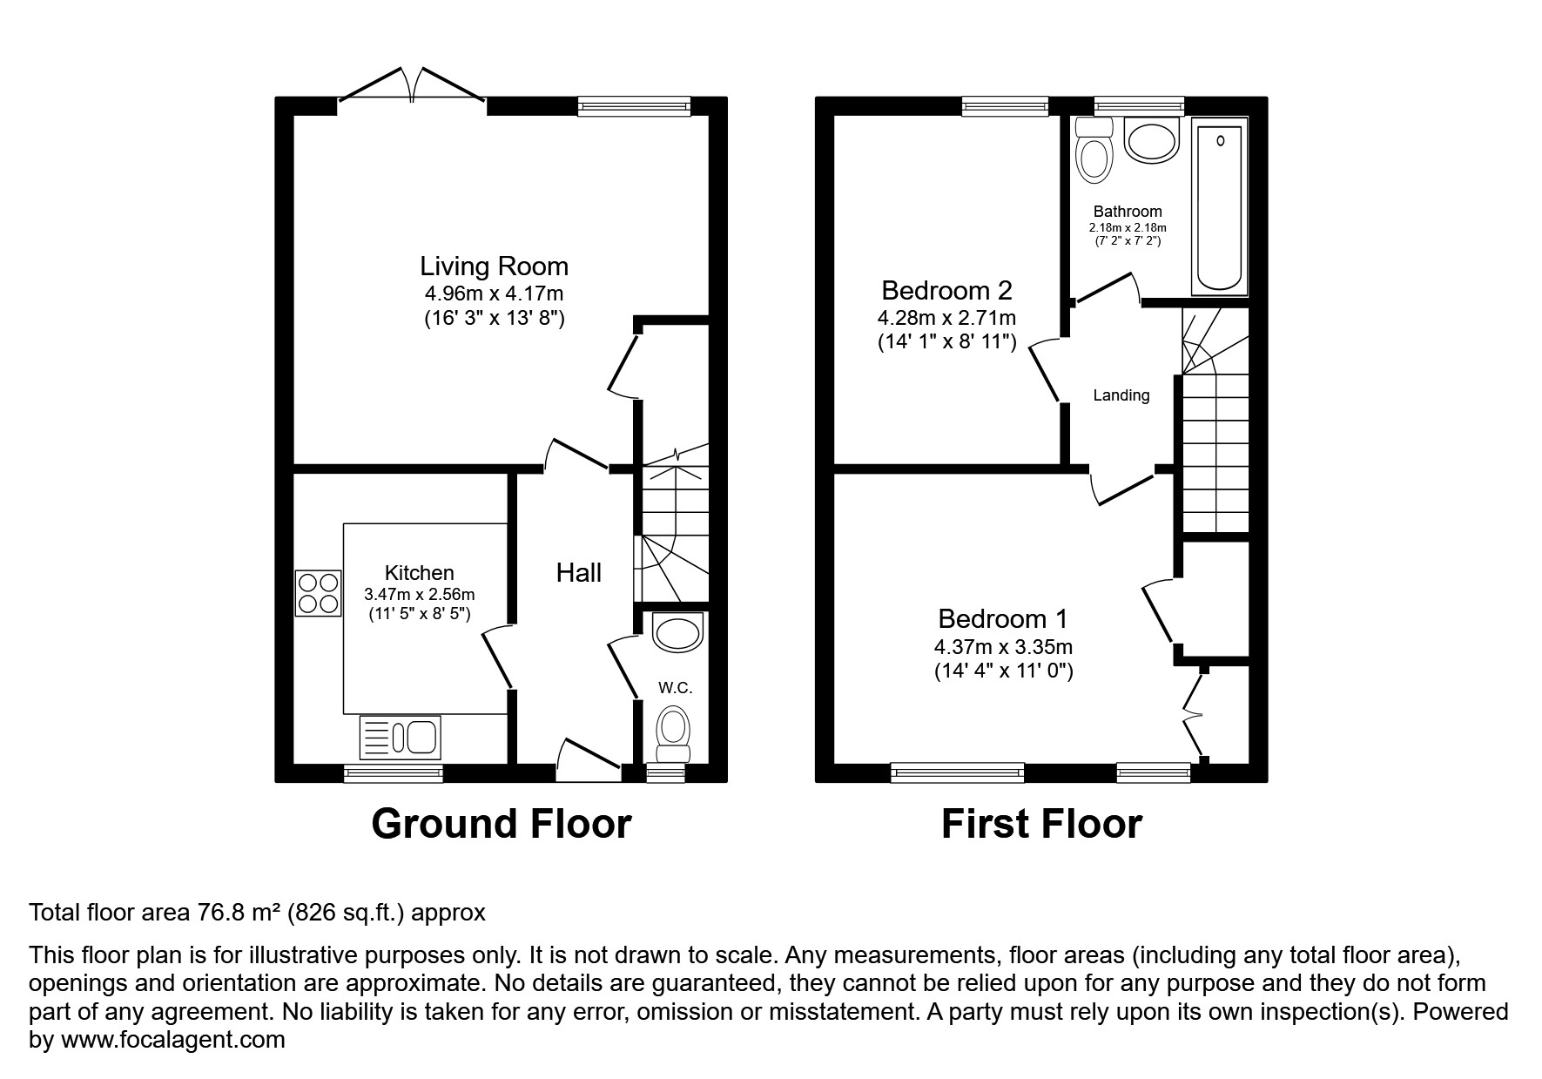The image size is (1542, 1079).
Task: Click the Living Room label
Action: tap(494, 266)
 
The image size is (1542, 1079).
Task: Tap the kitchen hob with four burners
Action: tap(318, 592)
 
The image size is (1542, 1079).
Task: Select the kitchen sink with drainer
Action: tap(400, 738)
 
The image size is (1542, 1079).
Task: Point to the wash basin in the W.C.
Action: tap(677, 632)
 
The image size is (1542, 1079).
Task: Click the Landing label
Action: tap(1121, 395)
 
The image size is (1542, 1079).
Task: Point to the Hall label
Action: tap(579, 573)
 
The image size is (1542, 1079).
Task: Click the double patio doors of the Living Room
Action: tap(411, 87)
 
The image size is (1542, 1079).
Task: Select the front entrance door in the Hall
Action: tap(589, 756)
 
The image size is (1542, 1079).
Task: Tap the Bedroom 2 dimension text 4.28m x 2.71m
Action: tap(946, 318)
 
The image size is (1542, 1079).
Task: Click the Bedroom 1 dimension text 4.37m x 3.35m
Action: tap(1003, 647)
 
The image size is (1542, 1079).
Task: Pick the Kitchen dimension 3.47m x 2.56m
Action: tap(419, 595)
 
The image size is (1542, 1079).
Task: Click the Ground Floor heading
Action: tap(501, 824)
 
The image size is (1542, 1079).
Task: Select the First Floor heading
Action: tap(1040, 824)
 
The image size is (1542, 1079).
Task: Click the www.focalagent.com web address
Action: tap(171, 1040)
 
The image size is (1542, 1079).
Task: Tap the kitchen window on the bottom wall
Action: tap(393, 772)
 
